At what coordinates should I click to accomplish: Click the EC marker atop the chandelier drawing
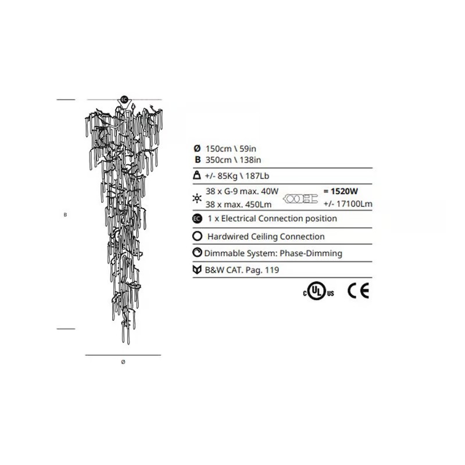point(124,99)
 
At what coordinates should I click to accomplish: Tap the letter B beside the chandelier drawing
point(65,214)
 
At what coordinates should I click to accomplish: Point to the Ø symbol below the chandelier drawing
point(123,362)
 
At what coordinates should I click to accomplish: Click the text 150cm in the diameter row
point(219,149)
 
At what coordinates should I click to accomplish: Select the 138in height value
point(250,160)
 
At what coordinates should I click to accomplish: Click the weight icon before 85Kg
point(196,175)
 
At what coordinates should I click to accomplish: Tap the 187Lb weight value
point(257,176)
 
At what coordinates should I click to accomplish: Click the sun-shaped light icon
point(197,198)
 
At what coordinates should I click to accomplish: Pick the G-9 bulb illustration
point(301,198)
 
